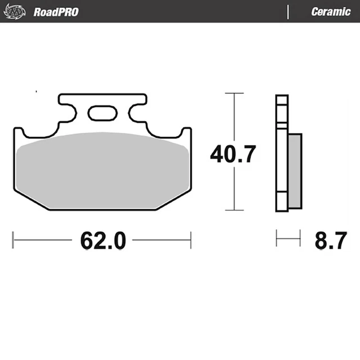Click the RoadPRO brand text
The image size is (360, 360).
pos(56,12)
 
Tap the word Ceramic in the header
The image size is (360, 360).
pos(330,12)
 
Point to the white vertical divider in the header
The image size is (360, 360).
pos(289,12)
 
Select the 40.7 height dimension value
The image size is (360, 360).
pos(233,154)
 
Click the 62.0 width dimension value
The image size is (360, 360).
pos(102,241)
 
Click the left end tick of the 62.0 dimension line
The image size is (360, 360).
pos(13,240)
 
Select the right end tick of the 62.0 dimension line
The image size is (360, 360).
pos(191,240)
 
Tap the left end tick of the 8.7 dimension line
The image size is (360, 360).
pos(277,238)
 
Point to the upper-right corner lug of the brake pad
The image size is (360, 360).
pos(186,133)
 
